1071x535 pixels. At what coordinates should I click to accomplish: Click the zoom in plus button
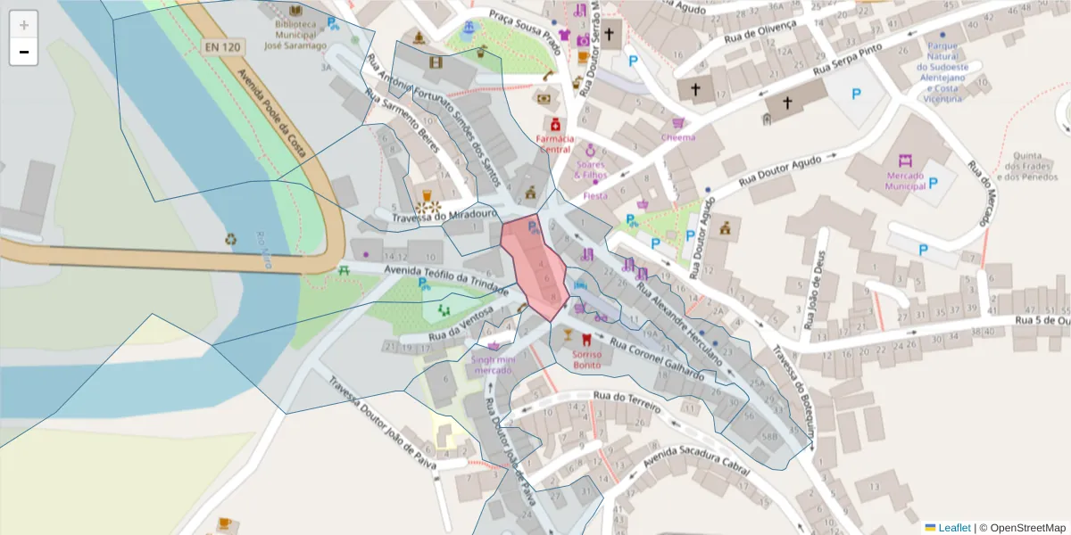(24, 25)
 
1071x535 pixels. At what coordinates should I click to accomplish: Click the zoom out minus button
(24, 52)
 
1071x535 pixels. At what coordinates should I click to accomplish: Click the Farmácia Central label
(553, 144)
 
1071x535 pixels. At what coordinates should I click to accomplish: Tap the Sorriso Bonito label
(586, 359)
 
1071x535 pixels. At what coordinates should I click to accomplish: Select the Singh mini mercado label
(494, 364)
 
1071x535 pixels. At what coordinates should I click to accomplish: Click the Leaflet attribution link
(954, 527)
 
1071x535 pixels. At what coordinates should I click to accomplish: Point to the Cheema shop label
(677, 137)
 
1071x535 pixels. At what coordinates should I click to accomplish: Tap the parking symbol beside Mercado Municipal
(934, 182)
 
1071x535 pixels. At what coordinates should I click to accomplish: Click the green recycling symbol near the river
(231, 239)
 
